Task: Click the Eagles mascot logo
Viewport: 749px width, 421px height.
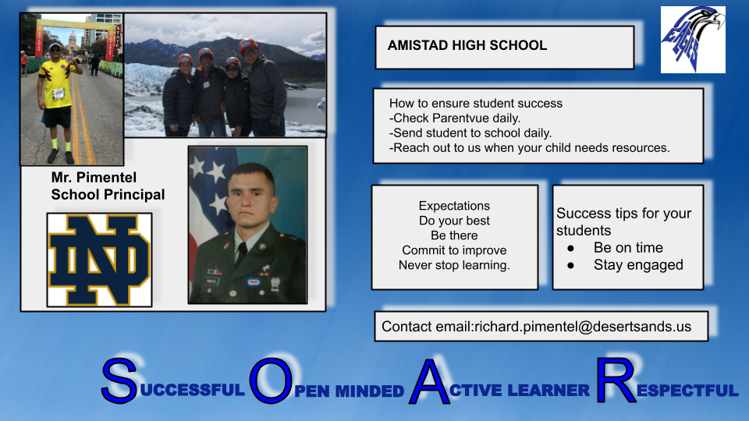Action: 693,40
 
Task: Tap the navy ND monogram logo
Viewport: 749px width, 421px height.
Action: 99,260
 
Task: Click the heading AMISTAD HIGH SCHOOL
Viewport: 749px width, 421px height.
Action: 467,45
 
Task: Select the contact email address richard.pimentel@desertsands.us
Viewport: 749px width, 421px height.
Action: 583,327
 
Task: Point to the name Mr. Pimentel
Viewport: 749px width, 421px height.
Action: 94,178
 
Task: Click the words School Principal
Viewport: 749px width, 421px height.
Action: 108,195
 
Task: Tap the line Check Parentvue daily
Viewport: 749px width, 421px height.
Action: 455,118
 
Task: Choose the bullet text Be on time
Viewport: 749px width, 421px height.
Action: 628,248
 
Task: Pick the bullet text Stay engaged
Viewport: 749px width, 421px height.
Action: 638,265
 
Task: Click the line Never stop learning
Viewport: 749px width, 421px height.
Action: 454,265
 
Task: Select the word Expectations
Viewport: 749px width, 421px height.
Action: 454,206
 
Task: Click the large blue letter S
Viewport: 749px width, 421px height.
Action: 119,380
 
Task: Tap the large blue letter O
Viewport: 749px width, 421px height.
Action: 271,380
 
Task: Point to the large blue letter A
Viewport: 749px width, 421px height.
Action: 429,382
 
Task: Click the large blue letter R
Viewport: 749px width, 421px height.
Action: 616,380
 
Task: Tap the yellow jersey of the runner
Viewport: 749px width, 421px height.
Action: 56,85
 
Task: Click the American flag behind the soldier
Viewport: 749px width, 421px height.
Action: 209,191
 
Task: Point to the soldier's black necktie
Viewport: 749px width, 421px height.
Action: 241,253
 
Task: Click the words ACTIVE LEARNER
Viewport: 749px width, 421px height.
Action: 520,391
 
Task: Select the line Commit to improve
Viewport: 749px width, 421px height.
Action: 454,250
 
